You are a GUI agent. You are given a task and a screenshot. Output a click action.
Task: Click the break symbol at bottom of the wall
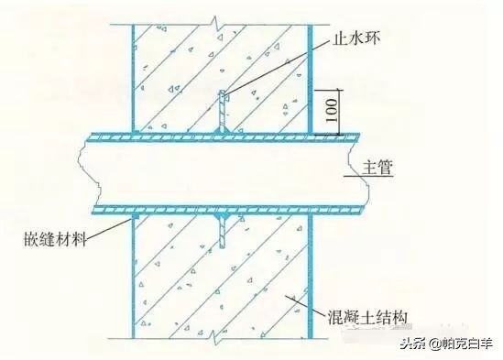[217, 338]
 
